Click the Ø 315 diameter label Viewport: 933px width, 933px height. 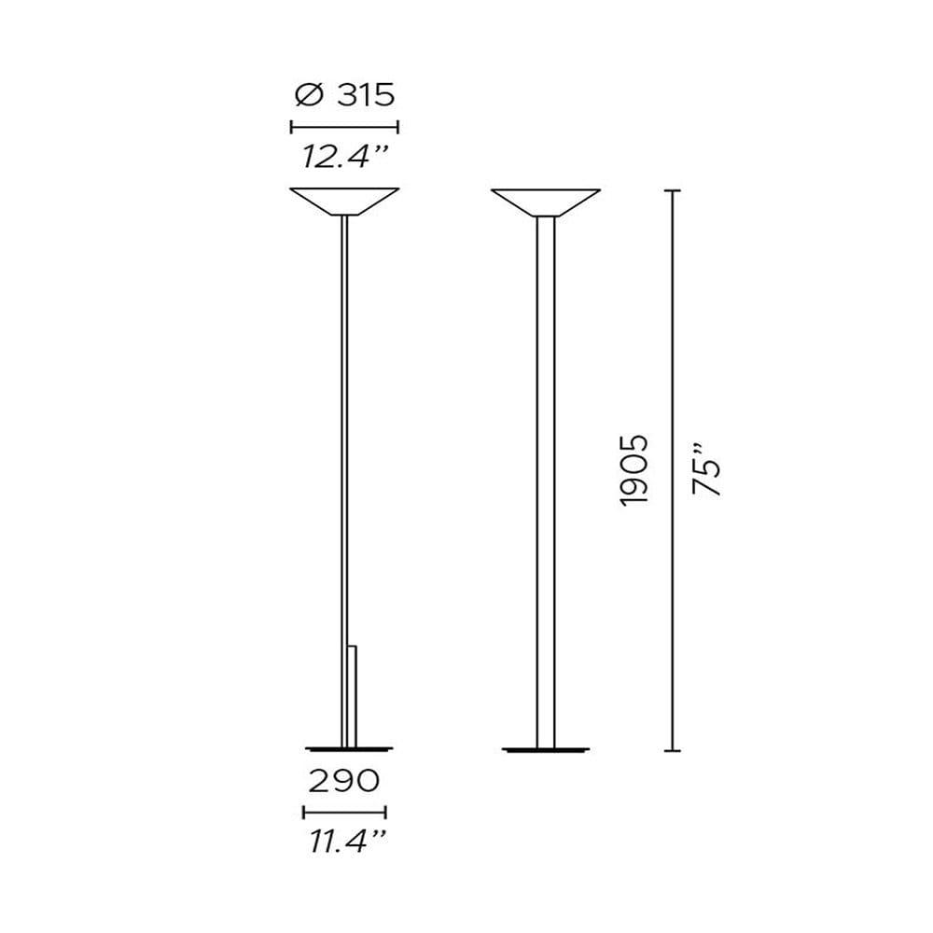(344, 95)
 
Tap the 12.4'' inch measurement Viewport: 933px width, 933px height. (345, 157)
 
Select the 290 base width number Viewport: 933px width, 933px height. (344, 780)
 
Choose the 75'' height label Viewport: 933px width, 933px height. (707, 476)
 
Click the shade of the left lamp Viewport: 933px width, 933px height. (344, 202)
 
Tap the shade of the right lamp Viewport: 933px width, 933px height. (546, 202)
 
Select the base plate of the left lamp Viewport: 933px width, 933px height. (349, 748)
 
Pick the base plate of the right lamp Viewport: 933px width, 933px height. (546, 749)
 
